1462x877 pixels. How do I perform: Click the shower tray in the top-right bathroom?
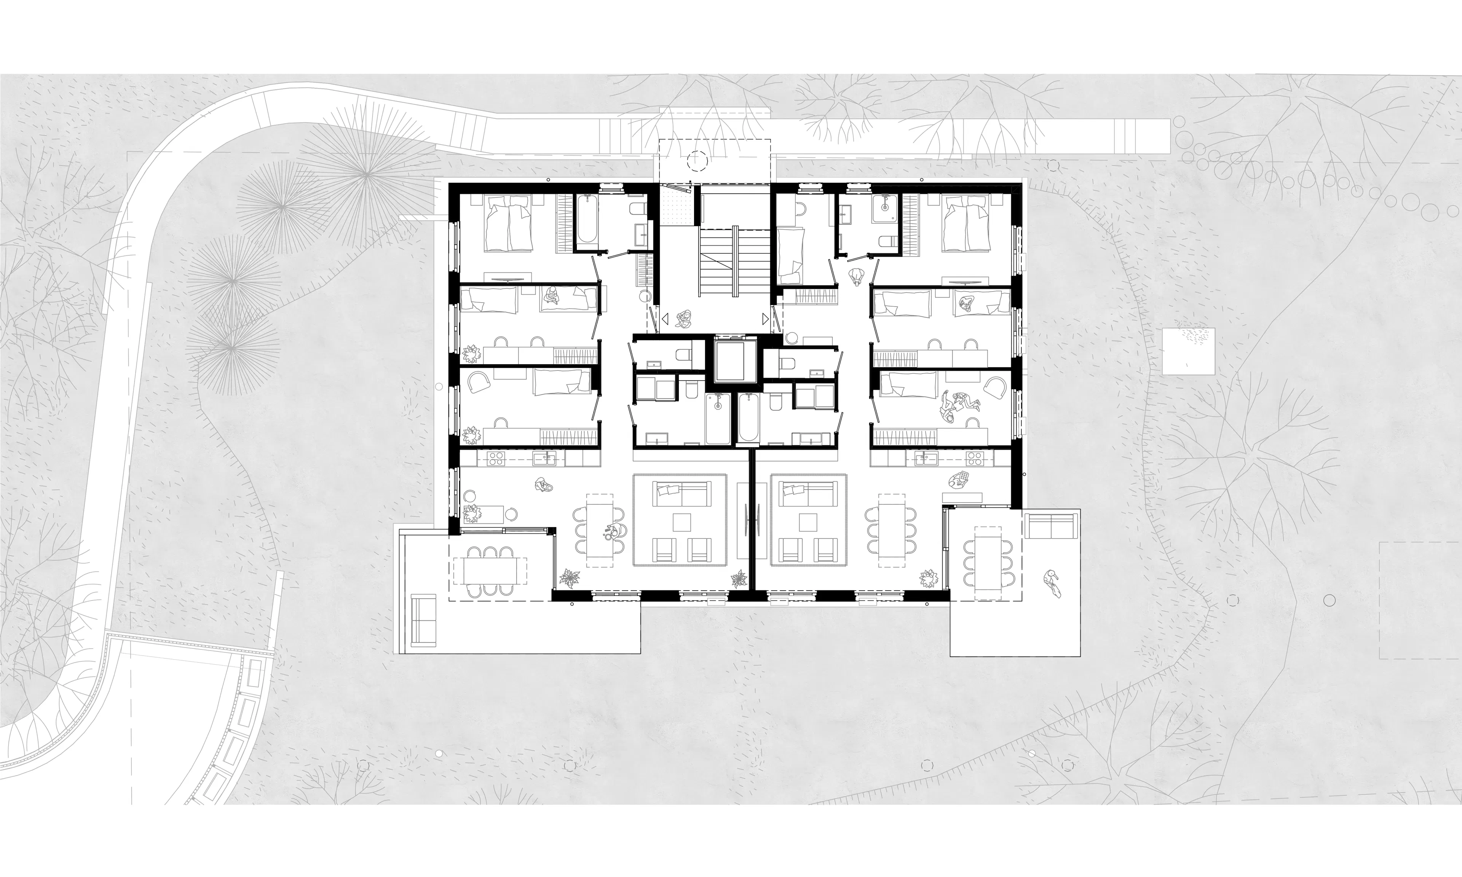coord(886,204)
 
